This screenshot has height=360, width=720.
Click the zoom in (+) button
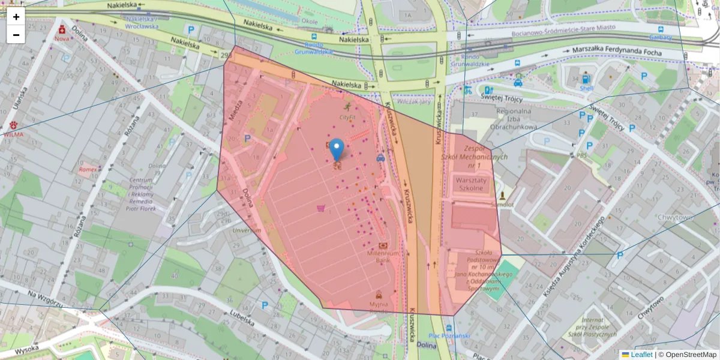pos(16,17)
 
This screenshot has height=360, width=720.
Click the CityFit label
pos(347,118)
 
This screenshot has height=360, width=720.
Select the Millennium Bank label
pos(383,257)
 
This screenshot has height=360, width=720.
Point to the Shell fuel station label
pos(586,88)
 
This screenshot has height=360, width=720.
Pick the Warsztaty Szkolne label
pos(469,184)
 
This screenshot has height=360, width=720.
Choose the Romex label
pos(87,170)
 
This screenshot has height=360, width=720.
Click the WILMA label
pos(13,135)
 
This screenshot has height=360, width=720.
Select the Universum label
pos(247,230)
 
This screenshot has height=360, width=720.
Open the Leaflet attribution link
pos(641,355)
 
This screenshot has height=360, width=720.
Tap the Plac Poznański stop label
pos(449,335)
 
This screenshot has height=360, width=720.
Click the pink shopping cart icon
pos(320,209)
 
